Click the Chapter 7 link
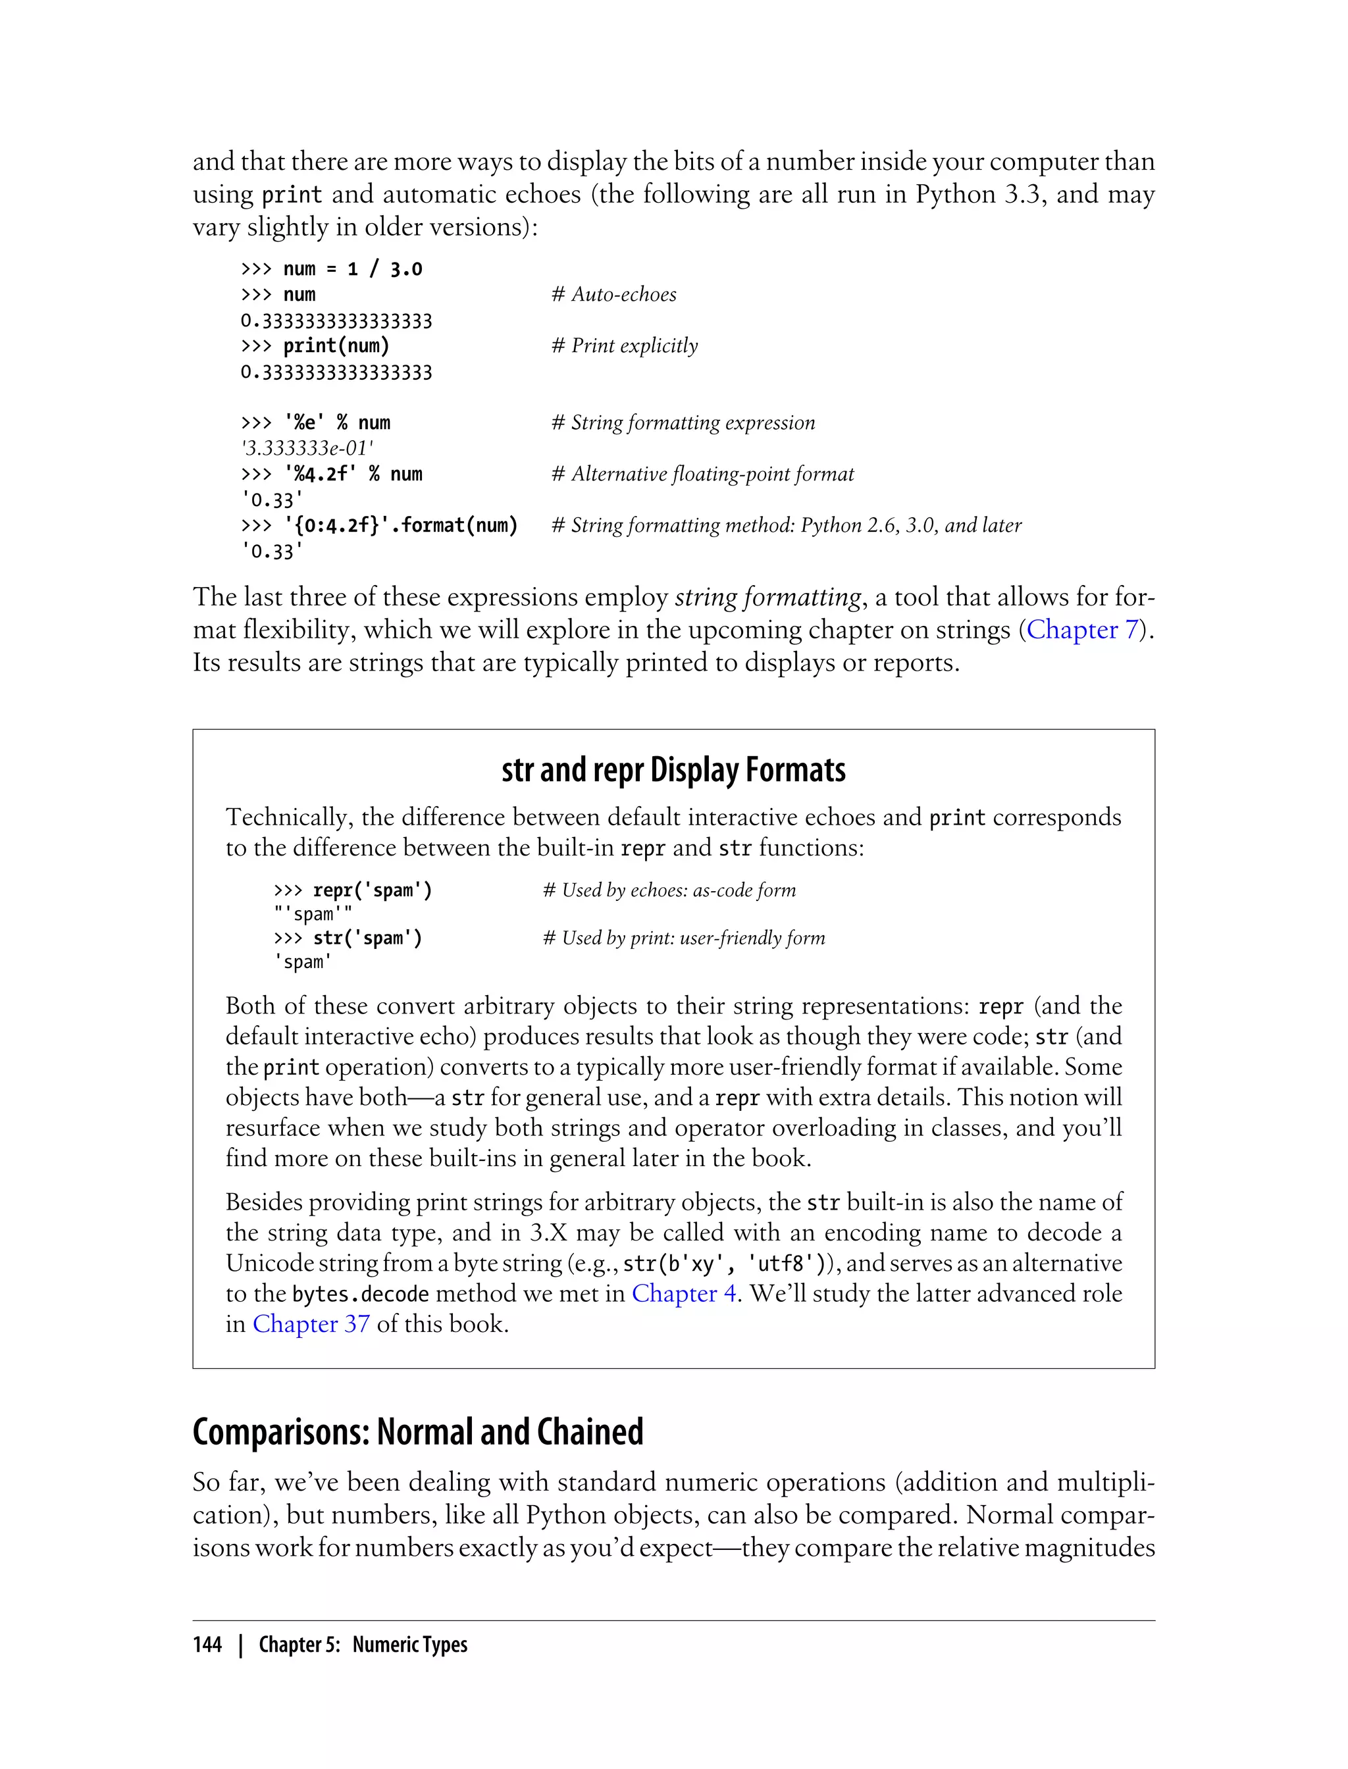(1081, 630)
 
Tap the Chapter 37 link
(311, 1323)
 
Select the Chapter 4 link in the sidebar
(684, 1293)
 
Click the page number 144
(207, 1645)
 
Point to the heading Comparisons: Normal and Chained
(417, 1432)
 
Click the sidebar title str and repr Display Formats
(673, 769)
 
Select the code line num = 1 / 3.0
(352, 269)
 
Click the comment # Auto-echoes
(614, 294)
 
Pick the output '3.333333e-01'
(307, 448)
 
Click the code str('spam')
(367, 938)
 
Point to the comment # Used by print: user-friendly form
(684, 938)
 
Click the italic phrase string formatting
(768, 597)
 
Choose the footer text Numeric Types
(409, 1645)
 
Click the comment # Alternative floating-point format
(702, 474)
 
